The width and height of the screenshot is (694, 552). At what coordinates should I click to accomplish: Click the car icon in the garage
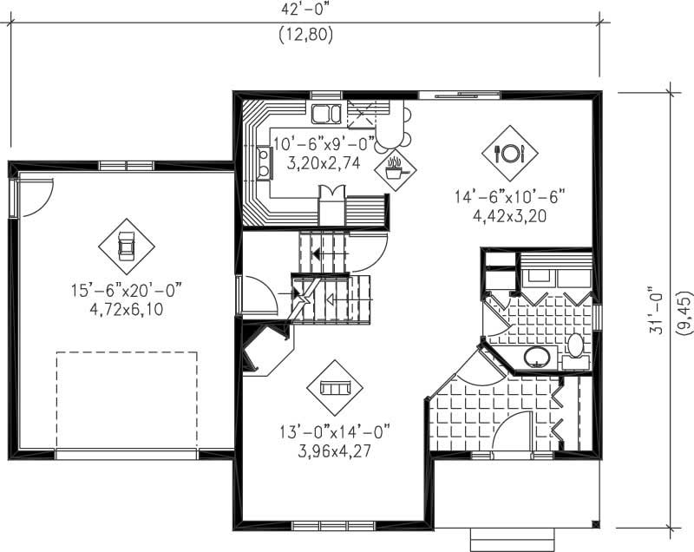point(126,246)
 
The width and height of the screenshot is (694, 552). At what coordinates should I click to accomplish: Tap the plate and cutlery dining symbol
point(509,154)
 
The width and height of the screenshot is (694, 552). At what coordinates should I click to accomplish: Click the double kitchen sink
point(327,114)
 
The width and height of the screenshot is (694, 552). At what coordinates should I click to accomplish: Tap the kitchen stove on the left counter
point(262,161)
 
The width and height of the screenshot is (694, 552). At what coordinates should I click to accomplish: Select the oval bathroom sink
point(538,357)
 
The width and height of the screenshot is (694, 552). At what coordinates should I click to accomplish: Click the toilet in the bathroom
point(574,347)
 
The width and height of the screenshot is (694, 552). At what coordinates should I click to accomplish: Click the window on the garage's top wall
point(127,165)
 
